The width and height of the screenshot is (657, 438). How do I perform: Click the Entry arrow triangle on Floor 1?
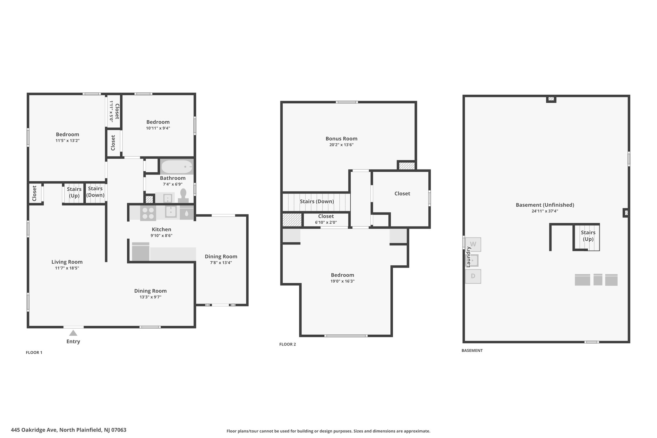(73, 333)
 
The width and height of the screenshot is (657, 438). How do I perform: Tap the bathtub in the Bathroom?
(177, 167)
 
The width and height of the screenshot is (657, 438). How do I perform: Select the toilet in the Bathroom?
(183, 196)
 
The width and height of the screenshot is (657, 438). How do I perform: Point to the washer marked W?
(473, 244)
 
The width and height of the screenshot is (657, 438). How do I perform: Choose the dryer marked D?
(473, 276)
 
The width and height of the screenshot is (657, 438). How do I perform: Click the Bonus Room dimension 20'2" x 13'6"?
(341, 145)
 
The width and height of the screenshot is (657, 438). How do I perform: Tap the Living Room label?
(67, 262)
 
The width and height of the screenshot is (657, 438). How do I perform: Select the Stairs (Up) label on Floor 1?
(74, 193)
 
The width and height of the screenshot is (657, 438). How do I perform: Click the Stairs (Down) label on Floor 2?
(317, 202)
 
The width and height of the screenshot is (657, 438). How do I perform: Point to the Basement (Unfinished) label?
(545, 205)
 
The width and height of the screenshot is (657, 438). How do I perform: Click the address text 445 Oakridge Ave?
(34, 430)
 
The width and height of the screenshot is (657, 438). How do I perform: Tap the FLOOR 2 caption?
(287, 344)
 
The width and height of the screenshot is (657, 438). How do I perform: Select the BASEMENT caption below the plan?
(472, 350)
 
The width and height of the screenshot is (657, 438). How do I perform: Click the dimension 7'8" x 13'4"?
(221, 262)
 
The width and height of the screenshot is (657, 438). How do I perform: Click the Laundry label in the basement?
(468, 257)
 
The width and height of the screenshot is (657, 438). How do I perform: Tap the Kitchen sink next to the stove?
(171, 212)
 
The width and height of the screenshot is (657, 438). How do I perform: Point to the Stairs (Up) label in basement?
(588, 236)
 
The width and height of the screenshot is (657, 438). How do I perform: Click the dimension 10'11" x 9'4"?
(158, 128)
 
